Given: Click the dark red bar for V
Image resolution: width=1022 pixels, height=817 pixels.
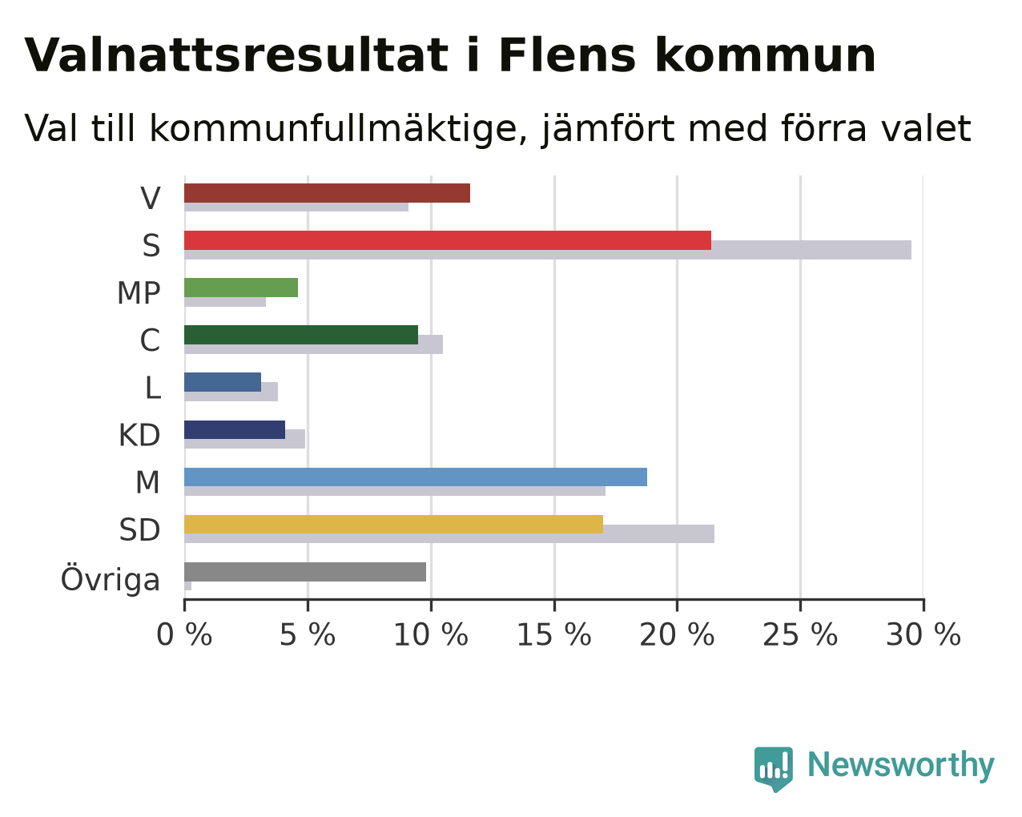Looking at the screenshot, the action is pyautogui.click(x=328, y=193).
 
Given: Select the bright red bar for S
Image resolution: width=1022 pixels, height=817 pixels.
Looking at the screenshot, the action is pyautogui.click(x=448, y=240).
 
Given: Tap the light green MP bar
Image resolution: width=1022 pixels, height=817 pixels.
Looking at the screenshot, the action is pyautogui.click(x=241, y=288).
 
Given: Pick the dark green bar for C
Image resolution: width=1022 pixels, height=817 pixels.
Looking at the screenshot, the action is pyautogui.click(x=301, y=335).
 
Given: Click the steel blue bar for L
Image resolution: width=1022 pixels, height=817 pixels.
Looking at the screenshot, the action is pyautogui.click(x=223, y=382).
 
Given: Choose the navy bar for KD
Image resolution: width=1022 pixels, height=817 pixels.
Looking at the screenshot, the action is pyautogui.click(x=235, y=429).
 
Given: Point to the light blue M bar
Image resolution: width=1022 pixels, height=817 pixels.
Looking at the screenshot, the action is pyautogui.click(x=416, y=477).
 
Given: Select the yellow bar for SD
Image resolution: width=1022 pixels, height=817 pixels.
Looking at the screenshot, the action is pyautogui.click(x=394, y=524).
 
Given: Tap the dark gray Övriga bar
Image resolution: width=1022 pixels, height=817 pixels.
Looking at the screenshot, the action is pyautogui.click(x=305, y=571).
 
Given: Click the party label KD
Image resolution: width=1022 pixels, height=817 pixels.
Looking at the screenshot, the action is pyautogui.click(x=139, y=435).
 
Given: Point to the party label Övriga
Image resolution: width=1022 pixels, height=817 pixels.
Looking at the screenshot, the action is pyautogui.click(x=111, y=578).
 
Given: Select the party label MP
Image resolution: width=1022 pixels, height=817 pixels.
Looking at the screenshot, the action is pyautogui.click(x=139, y=292).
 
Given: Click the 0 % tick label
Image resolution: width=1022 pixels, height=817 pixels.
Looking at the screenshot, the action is pyautogui.click(x=184, y=634).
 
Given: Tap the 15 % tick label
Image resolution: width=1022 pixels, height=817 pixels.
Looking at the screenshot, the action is pyautogui.click(x=553, y=634).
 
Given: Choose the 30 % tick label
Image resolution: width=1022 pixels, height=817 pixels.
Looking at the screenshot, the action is pyautogui.click(x=923, y=634).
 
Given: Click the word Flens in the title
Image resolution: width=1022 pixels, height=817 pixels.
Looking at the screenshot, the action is pyautogui.click(x=567, y=56).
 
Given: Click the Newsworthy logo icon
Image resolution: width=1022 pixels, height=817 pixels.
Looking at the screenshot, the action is pyautogui.click(x=774, y=769).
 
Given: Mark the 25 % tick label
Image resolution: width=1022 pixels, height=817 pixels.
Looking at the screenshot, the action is pyautogui.click(x=800, y=634).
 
